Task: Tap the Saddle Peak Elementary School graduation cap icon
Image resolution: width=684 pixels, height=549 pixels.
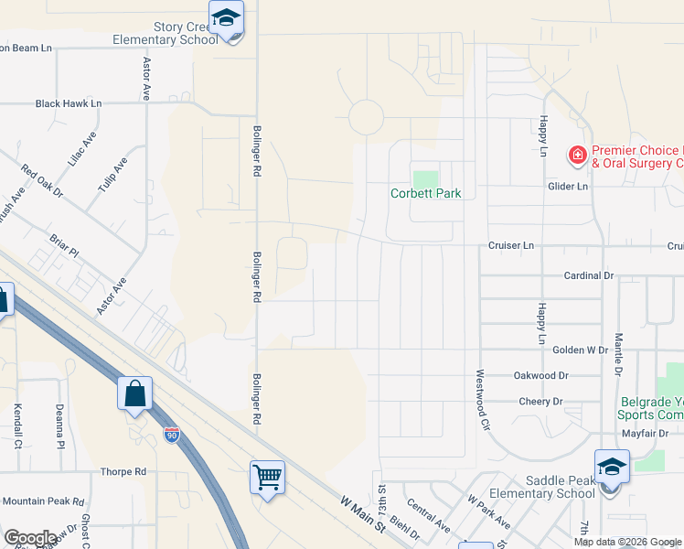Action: pos(611,467)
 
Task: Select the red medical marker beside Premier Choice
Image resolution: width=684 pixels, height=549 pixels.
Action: pos(577,156)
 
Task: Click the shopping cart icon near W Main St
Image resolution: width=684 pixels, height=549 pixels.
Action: pos(267,475)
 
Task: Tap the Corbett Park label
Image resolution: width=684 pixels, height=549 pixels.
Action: pos(425,193)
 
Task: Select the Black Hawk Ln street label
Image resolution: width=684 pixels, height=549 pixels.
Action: pos(69,103)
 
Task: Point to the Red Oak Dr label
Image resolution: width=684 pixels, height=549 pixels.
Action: pos(43,181)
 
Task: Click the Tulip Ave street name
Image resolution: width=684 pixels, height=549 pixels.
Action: pos(114,175)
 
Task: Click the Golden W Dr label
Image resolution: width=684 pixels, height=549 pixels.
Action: pos(580,350)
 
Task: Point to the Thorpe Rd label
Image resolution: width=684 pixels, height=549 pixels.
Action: pos(123,472)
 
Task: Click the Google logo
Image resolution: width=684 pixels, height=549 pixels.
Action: pos(30,538)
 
